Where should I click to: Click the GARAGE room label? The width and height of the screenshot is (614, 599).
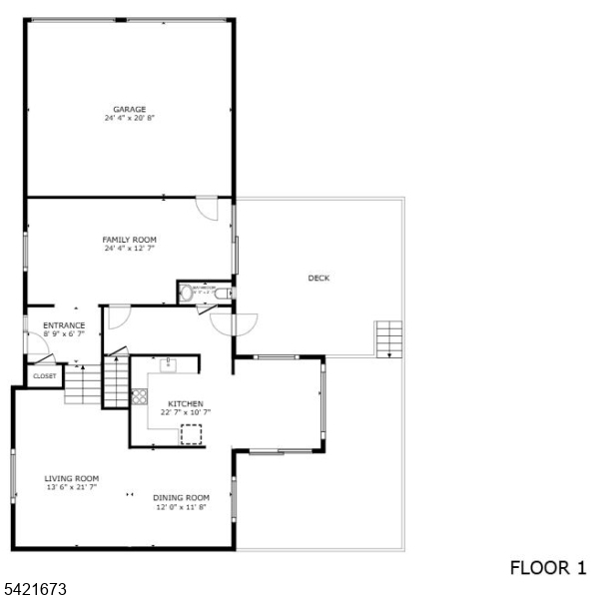point(130,109)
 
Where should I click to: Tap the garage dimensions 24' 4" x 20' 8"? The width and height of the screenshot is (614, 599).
point(130,118)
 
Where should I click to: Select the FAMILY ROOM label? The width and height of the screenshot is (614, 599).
point(130,240)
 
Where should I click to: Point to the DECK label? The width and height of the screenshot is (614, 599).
point(318,279)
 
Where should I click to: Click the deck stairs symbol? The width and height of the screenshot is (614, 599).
point(388,338)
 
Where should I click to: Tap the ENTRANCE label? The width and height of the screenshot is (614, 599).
point(64,325)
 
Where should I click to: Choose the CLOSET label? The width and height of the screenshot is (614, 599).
point(45,376)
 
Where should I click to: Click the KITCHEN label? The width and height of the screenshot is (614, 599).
point(185,403)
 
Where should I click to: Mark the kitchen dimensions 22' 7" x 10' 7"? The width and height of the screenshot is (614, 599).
point(185,412)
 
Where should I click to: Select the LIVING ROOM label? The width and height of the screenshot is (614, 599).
point(71,478)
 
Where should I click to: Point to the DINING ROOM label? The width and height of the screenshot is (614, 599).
point(181,498)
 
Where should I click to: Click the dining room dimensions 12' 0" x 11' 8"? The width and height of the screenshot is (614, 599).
point(181,507)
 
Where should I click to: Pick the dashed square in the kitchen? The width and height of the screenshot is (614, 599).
point(190,434)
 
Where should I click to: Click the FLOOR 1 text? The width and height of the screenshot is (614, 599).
point(548,568)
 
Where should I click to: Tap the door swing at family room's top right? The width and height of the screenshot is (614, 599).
point(207,209)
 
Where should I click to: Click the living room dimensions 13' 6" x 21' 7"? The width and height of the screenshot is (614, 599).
point(71,487)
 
